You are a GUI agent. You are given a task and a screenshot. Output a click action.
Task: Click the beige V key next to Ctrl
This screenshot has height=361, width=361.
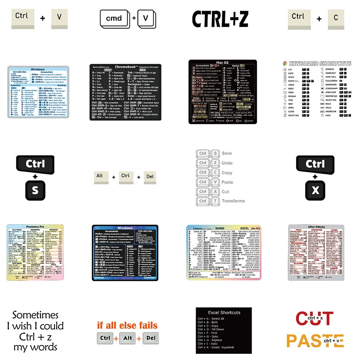pyautogui.click(x=59, y=17)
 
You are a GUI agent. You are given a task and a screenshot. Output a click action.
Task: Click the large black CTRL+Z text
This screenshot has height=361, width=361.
pyautogui.click(x=220, y=19)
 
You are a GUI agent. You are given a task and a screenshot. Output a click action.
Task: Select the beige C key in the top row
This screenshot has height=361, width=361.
pyautogui.click(x=336, y=18)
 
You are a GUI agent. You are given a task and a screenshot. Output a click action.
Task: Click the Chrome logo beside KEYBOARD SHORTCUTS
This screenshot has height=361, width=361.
pyautogui.click(x=285, y=64)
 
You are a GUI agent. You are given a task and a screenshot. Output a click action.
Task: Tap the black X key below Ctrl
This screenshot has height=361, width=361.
pyautogui.click(x=315, y=190)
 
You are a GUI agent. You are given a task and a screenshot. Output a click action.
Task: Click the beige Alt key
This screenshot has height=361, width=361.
pyautogui.click(x=100, y=176)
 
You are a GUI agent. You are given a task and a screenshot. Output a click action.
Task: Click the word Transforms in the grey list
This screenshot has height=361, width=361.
pyautogui.click(x=233, y=201)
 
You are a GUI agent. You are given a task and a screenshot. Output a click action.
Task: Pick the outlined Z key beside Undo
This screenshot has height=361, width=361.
pyautogui.click(x=215, y=163)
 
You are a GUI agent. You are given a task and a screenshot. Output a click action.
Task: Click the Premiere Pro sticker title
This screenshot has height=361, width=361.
pyautogui.click(x=35, y=226)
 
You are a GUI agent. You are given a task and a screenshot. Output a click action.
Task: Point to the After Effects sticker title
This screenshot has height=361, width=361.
pyautogui.click(x=316, y=227)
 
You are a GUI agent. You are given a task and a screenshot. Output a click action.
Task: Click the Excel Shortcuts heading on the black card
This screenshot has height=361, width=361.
pyautogui.click(x=224, y=312)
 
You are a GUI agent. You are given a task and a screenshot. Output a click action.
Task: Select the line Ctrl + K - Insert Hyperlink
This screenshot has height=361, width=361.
pyautogui.click(x=216, y=347)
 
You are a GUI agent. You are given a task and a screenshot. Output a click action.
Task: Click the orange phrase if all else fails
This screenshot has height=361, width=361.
pyautogui.click(x=127, y=325)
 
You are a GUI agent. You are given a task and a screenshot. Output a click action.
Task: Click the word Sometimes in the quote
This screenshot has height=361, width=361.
pyautogui.click(x=35, y=315)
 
